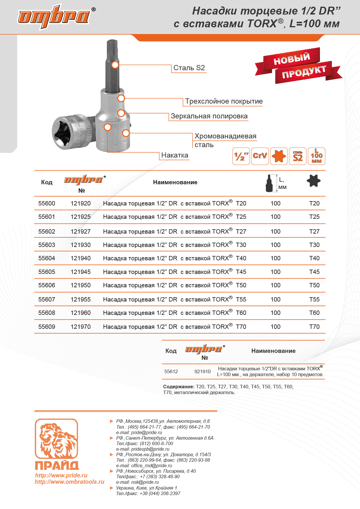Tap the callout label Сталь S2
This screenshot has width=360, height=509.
[189, 68]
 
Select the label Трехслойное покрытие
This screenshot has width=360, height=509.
[224, 101]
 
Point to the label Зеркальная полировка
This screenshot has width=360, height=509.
[209, 116]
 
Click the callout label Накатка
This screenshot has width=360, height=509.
[174, 155]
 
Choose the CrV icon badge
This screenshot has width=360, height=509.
[260, 156]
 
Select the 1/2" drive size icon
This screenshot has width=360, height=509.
[241, 156]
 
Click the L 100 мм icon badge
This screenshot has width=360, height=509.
[316, 156]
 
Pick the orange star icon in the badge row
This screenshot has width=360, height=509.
[279, 156]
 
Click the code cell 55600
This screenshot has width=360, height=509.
[47, 203]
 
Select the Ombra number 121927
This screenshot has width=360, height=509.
[81, 232]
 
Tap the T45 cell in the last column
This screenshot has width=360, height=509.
[314, 272]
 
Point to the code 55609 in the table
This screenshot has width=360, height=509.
[47, 327]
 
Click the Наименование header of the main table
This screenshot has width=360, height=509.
[175, 182]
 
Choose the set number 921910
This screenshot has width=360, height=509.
[202, 371]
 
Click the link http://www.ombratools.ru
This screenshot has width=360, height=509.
[69, 482]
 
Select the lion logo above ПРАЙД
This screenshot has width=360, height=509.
[56, 438]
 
